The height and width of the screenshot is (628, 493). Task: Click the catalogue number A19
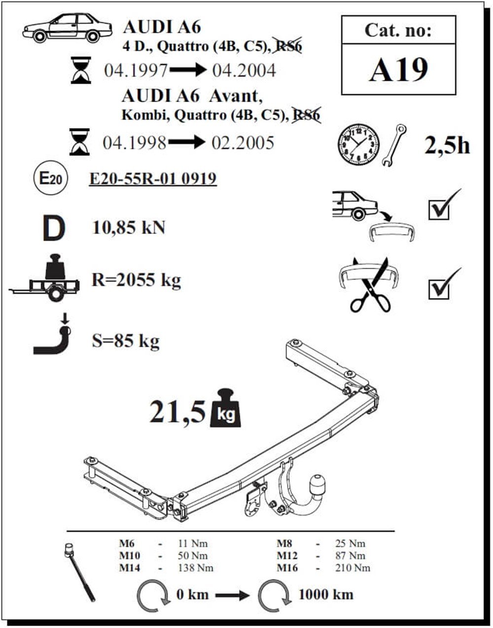[398, 70]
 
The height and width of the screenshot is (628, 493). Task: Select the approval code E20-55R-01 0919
[153, 178]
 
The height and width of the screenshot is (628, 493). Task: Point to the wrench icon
[394, 145]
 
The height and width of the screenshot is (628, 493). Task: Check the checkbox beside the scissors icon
[439, 289]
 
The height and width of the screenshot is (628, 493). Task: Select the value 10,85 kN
[129, 228]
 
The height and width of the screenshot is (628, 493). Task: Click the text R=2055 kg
[136, 280]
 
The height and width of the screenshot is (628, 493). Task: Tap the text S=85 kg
[126, 340]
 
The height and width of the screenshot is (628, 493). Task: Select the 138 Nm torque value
[196, 568]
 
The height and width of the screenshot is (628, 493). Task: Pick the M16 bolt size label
[287, 568]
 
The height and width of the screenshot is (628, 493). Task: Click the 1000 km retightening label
[325, 594]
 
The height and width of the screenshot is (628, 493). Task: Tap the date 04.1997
[136, 71]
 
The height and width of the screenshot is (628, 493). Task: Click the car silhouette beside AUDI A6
[61, 28]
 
